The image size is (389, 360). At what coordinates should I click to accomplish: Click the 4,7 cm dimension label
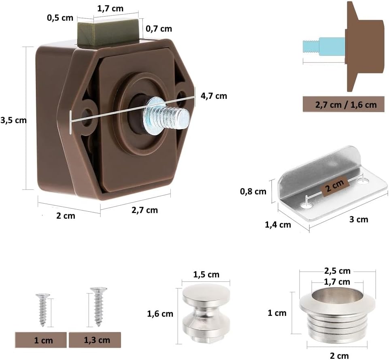click(x=214, y=96)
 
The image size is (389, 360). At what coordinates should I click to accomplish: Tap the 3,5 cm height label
click(x=13, y=120)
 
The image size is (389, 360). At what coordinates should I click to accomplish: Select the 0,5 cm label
click(x=60, y=18)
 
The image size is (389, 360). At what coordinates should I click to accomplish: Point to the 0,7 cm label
click(x=159, y=29)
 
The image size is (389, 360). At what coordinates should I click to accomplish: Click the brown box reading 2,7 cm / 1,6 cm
click(x=344, y=104)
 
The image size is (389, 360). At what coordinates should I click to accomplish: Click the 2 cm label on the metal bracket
click(x=335, y=186)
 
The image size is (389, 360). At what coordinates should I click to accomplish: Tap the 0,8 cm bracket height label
click(x=253, y=192)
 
